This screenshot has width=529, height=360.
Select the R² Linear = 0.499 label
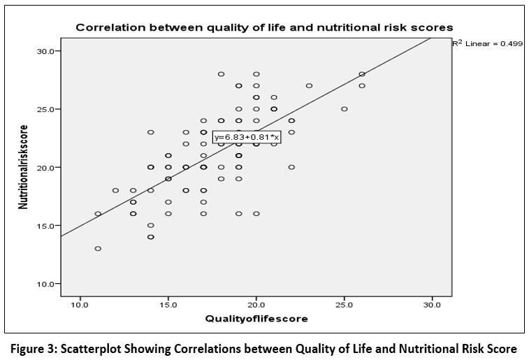[483, 43]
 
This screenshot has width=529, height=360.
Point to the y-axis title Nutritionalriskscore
[23, 168]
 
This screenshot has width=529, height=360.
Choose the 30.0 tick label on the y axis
[48, 51]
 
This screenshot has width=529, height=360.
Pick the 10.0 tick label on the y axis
[48, 284]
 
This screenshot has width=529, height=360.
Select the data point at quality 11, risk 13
[98, 248]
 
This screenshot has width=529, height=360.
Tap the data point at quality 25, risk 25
[345, 109]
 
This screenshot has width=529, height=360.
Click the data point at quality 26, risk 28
[362, 74]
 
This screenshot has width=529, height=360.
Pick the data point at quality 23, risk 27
[309, 86]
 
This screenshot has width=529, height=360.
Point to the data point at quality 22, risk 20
[291, 167]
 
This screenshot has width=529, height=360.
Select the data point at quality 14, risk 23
[150, 132]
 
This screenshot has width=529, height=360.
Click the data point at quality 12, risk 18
[115, 190]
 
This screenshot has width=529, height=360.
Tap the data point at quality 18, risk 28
[221, 74]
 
